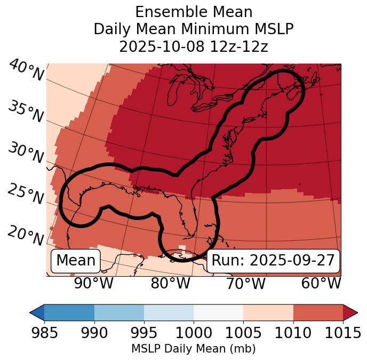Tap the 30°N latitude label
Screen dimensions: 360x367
(25, 153)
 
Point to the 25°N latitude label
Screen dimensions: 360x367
(25, 194)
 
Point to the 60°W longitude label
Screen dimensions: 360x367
(321, 284)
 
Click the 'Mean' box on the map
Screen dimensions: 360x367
(76, 261)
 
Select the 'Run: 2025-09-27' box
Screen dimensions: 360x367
(273, 261)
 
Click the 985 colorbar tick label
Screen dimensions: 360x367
(44, 333)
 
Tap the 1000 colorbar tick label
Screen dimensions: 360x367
(194, 333)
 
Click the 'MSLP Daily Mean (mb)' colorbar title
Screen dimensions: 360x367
(193, 349)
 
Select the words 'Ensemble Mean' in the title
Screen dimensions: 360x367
(194, 12)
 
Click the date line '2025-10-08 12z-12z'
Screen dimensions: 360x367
(194, 46)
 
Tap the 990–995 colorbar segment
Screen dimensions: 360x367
(119, 312)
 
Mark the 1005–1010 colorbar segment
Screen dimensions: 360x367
(268, 312)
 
